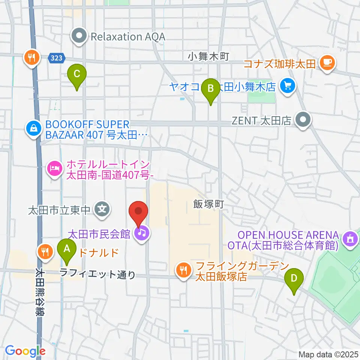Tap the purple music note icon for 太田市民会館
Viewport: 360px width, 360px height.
[142, 234]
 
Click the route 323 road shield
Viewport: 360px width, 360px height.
[57, 58]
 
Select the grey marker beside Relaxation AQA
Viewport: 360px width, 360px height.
[79, 37]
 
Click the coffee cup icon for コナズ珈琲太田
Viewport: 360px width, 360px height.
[327, 62]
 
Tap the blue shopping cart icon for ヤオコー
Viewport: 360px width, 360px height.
[288, 87]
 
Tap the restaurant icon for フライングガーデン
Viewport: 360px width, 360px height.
[183, 272]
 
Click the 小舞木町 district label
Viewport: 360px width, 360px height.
[208, 57]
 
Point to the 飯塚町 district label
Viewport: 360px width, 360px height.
[208, 204]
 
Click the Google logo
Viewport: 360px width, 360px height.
[25, 351]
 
